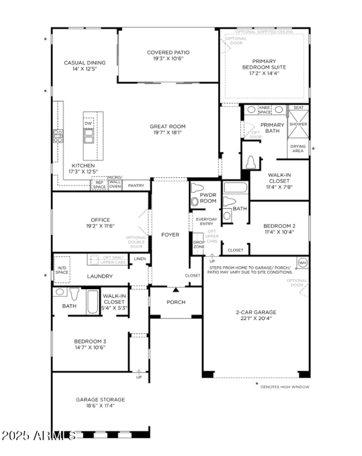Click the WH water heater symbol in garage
pyautogui.click(x=302, y=262)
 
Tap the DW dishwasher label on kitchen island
pyautogui.click(x=88, y=123)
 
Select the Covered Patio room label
pyautogui.click(x=168, y=53)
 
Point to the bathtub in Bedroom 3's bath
pyautogui.click(x=92, y=303)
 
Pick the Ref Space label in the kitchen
pyautogui.click(x=99, y=185)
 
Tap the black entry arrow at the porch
pyautogui.click(x=176, y=289)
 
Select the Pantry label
pyautogui.click(x=136, y=185)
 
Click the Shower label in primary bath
pyautogui.click(x=298, y=124)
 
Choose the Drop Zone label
pyautogui.click(x=199, y=243)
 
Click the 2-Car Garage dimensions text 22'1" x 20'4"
pyautogui.click(x=256, y=318)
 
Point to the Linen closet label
pyautogui.click(x=139, y=258)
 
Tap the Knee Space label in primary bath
pyautogui.click(x=265, y=109)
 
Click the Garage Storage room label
pyautogui.click(x=100, y=399)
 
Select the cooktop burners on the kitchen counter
pyautogui.click(x=58, y=136)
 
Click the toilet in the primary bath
pyautogui.click(x=252, y=162)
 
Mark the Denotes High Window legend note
pyautogui.click(x=284, y=387)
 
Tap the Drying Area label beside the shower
pyautogui.click(x=298, y=148)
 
